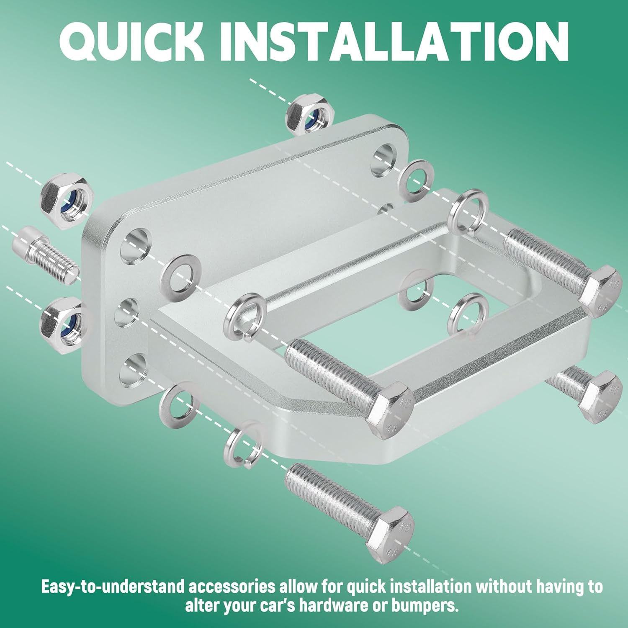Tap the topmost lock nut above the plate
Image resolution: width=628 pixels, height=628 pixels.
tap(310, 114)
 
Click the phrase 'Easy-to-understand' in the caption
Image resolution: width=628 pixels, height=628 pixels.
tap(112, 587)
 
